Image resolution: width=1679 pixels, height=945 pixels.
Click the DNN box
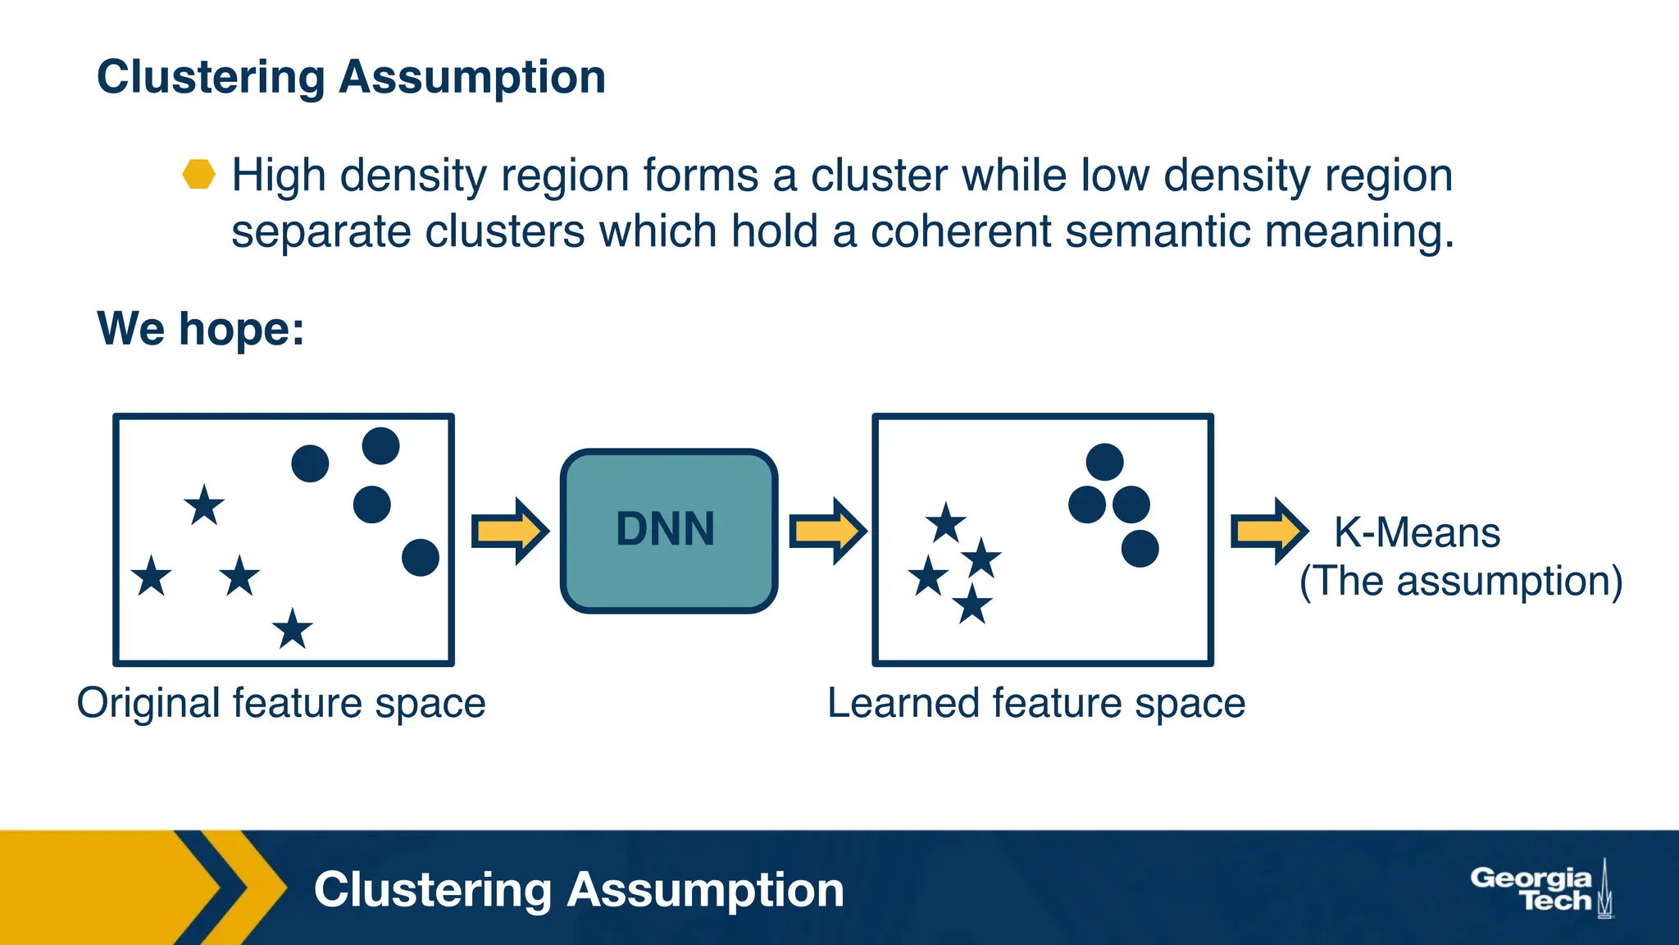tap(668, 530)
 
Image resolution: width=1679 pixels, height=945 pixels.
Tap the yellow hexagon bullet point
tap(198, 174)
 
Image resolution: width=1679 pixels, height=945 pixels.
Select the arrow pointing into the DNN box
tap(509, 531)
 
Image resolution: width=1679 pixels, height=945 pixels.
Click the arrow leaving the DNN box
tap(826, 531)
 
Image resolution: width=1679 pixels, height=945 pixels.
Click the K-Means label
tap(1417, 532)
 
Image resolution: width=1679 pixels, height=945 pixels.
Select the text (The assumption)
tap(1460, 581)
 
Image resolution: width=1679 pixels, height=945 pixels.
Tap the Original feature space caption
tap(281, 703)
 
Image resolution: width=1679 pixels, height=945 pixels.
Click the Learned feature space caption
tap(1035, 703)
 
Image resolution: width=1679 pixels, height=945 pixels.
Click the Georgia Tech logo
tap(1540, 889)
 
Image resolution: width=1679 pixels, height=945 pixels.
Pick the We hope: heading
tap(201, 328)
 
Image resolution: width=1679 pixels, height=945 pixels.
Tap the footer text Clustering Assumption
tap(578, 889)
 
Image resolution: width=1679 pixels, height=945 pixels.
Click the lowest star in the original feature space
tap(293, 630)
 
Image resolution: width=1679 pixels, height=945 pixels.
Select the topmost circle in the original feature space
tap(380, 445)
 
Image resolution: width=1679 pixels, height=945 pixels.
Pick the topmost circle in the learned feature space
tap(1104, 462)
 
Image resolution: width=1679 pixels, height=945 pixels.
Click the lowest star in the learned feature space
tap(972, 605)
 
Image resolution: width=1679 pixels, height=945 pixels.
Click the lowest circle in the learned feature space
tap(1140, 548)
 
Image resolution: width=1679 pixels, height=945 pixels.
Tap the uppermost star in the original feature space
tap(204, 504)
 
